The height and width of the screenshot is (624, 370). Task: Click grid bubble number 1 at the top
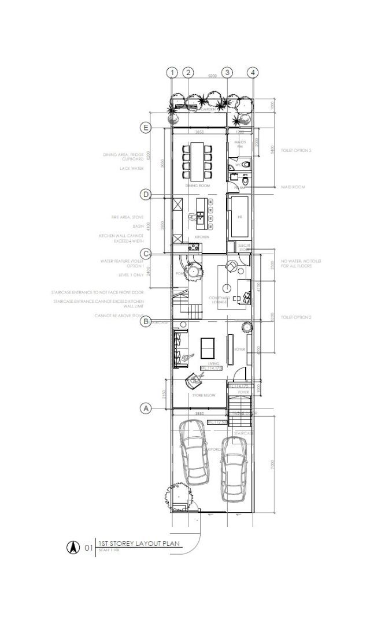[x=172, y=72]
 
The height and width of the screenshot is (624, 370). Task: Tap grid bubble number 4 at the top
[x=253, y=72]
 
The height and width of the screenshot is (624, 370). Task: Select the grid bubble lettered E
[x=146, y=127]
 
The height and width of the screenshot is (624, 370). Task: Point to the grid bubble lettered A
[x=146, y=408]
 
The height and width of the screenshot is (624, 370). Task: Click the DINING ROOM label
[x=197, y=186]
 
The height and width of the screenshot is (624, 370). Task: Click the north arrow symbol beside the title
[x=74, y=547]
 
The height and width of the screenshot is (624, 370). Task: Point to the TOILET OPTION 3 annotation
[x=296, y=150]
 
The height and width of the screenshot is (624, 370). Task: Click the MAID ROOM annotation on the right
[x=293, y=187]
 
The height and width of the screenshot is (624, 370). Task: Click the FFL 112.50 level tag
[x=217, y=422]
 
